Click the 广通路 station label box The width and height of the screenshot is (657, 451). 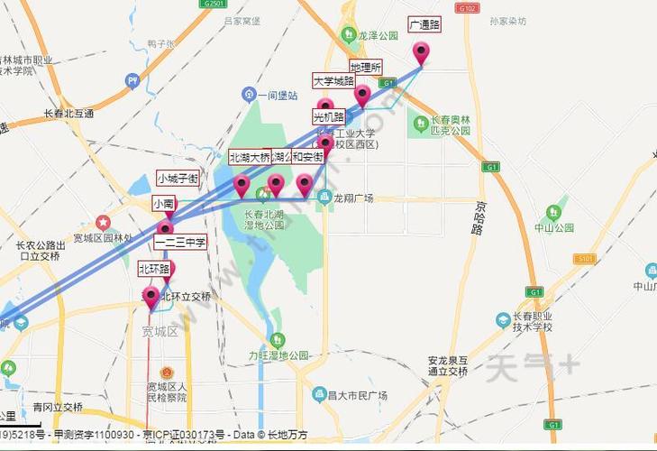coord(424,25)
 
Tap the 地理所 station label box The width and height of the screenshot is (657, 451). coord(366,68)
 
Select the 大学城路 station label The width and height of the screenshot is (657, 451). coord(333,81)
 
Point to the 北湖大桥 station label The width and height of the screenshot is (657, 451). coord(250,157)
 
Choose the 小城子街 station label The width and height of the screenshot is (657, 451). coord(178,178)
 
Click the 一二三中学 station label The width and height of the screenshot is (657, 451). coord(180,242)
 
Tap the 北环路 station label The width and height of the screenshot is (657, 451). coord(154,269)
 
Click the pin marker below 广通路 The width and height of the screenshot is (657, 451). coord(421,53)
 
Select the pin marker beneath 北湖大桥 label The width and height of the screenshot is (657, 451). coord(242,186)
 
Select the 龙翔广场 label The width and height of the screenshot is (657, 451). coord(352,198)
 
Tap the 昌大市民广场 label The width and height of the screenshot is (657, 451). coord(357,394)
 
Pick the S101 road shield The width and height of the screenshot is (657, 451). coord(584,259)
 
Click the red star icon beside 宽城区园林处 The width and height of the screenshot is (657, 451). coord(104,222)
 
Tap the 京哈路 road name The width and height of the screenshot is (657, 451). coord(477,216)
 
